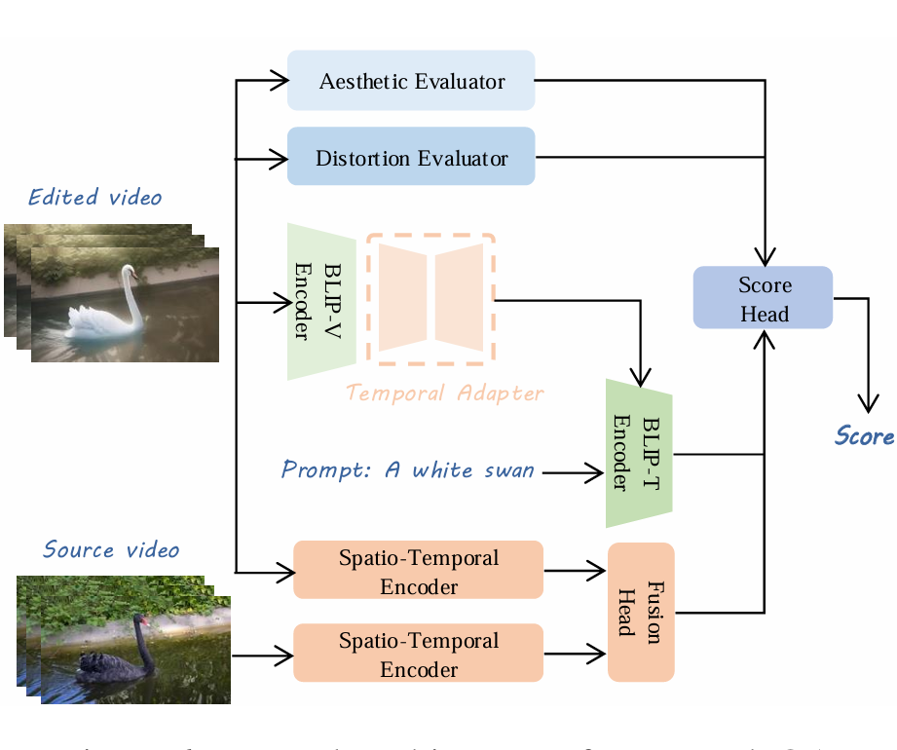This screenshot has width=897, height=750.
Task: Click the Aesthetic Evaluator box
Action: point(411,80)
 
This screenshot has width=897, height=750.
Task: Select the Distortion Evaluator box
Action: point(411,157)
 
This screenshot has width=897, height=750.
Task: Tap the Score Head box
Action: point(764,298)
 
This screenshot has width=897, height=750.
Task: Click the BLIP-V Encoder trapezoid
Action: point(320,302)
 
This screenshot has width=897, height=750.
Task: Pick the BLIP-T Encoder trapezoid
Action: point(638,454)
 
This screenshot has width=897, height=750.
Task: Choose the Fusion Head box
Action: point(641,612)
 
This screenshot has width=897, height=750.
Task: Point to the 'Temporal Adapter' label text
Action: point(444,394)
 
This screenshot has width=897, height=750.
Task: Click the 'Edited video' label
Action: point(94,198)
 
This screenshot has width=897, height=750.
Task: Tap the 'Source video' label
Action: point(111,549)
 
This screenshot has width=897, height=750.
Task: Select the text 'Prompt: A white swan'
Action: point(407,470)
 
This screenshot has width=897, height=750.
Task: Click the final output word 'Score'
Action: point(864,435)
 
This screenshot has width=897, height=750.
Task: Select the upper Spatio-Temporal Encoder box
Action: point(418,570)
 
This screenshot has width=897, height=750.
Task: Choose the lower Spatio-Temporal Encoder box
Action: point(418,653)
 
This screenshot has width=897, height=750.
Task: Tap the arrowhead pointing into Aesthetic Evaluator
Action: point(279,80)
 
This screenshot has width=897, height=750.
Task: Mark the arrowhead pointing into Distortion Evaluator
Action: point(279,157)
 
